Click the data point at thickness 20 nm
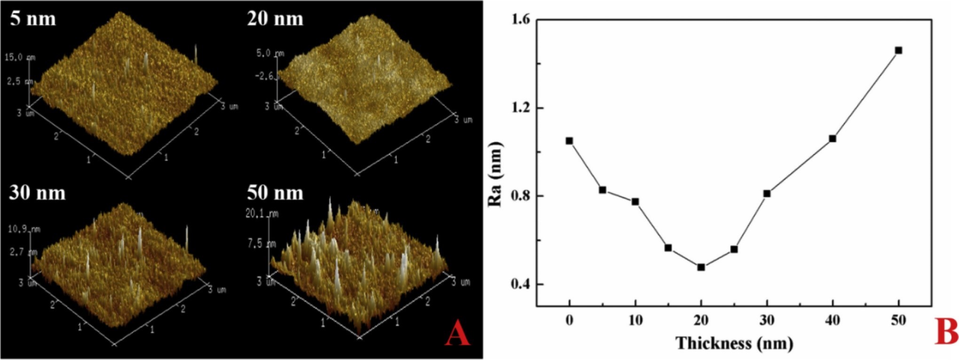701,267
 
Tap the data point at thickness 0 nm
569,141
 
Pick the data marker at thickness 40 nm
833,139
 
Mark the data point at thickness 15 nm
668,248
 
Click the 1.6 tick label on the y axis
518,20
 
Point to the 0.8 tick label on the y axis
518,196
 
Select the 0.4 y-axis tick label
518,284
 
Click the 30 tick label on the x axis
767,321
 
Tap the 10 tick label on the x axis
635,321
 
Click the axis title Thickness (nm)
734,343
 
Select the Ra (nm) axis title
495,175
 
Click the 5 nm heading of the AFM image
33,19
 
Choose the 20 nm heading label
275,19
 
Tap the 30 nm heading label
37,193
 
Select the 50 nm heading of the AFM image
275,193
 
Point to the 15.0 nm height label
20,57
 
